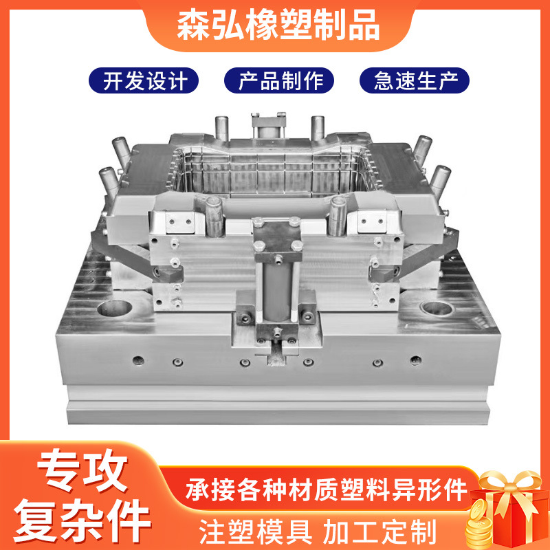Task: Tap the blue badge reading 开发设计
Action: pos(144,80)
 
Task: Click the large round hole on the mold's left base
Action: pos(115,307)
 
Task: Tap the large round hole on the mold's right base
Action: pos(437,307)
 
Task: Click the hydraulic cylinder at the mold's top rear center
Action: pos(268,125)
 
